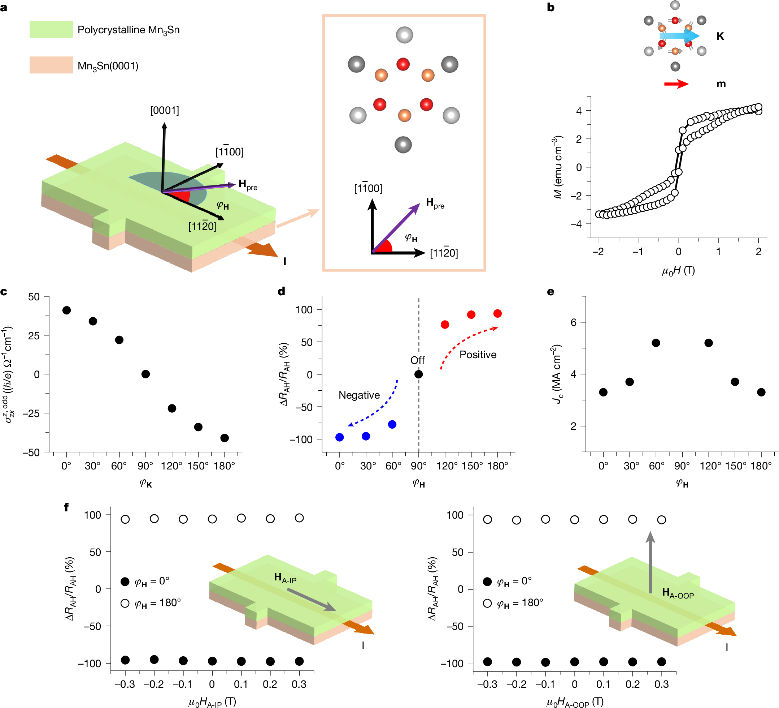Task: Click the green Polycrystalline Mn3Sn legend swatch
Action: (51, 30)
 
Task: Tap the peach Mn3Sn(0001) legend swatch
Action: (51, 65)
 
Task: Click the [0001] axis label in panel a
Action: (165, 111)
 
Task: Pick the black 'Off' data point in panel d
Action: (418, 374)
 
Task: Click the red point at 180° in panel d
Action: (498, 313)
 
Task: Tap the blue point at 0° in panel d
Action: (340, 437)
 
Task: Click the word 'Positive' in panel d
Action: (478, 355)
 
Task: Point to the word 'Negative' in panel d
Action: (359, 395)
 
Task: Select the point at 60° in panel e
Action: (656, 343)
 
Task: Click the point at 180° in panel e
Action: (761, 392)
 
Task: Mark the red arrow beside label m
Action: (676, 84)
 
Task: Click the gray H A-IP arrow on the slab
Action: (311, 600)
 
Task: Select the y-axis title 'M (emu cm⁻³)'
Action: (558, 167)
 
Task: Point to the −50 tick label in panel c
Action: (31, 452)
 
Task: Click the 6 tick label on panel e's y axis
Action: (574, 322)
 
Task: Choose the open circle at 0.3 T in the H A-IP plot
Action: (299, 518)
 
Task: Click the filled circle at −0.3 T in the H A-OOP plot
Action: (488, 662)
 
